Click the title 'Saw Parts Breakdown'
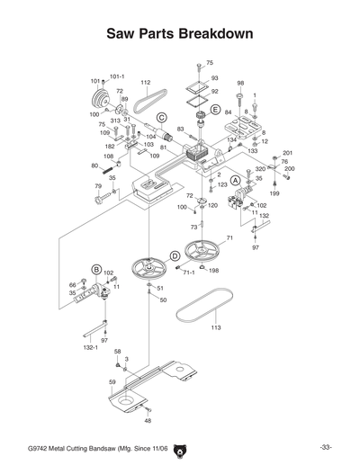coord(179,33)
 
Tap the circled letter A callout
coord(236,180)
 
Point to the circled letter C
coord(161,118)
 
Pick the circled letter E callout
coord(215,108)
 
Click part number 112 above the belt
coord(145,82)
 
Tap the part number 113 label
coord(216,328)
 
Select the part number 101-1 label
coord(117,76)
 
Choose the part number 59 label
coord(112,383)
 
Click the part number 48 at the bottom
coord(148,420)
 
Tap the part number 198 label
coord(214,270)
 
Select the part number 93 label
coord(215,79)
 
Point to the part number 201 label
coord(288,153)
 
